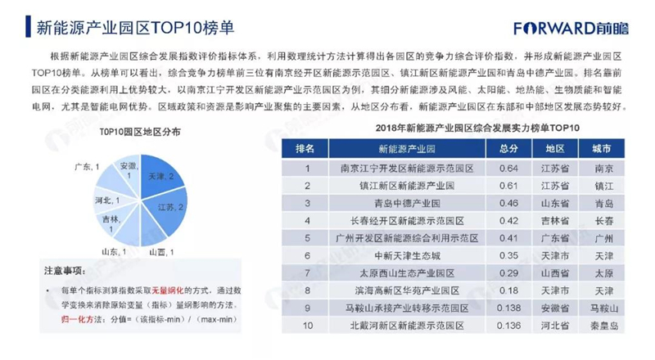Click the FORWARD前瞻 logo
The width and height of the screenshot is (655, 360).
571,28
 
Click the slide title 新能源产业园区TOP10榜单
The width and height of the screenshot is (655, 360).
135,28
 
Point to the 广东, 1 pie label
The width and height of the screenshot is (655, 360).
87,167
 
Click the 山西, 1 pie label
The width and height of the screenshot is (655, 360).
161,252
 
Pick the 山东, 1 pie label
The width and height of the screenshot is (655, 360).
114,252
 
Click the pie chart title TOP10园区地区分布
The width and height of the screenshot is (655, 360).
140,132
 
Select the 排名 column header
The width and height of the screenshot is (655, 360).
305,149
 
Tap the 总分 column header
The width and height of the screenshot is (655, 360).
508,149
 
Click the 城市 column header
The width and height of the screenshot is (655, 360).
602,149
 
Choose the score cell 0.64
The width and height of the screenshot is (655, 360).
508,169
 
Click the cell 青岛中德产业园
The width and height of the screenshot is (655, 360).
407,204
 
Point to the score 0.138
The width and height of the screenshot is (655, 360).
508,308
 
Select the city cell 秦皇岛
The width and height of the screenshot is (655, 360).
604,326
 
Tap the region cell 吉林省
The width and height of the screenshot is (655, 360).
555,221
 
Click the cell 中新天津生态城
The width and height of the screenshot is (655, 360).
407,255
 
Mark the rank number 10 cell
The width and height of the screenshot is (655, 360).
308,326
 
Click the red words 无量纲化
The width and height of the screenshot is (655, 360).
168,290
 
